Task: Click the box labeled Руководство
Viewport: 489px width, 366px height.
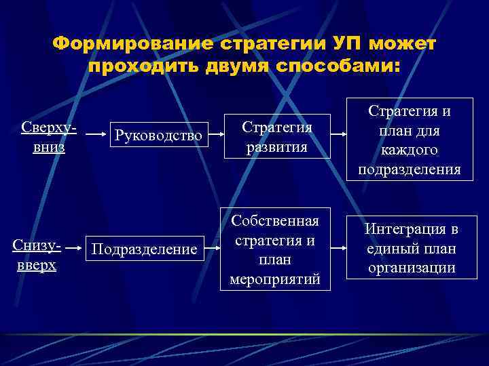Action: tap(158, 136)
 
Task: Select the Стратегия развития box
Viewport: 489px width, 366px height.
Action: tap(276, 138)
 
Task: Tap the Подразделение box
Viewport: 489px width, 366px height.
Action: tap(144, 249)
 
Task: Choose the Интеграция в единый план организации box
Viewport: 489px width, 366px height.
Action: tap(411, 248)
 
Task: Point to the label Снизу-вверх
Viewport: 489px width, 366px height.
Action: tap(37, 254)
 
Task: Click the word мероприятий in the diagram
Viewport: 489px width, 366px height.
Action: tap(276, 279)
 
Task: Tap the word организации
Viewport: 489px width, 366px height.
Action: tap(411, 267)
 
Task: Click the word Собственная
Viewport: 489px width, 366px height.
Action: tap(276, 222)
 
